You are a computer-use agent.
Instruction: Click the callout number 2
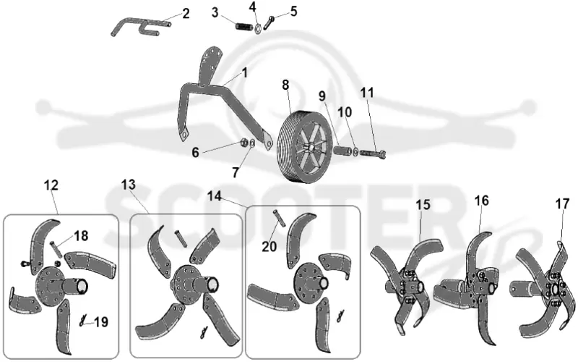pos(186,14)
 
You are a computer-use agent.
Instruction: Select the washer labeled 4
pos(259,28)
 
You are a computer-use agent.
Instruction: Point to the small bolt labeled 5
pos(269,23)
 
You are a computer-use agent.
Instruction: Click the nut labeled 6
pos(243,141)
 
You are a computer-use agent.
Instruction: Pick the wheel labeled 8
pos(303,146)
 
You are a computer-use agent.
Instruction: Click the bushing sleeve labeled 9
pos(342,151)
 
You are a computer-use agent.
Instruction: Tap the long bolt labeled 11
pos(372,153)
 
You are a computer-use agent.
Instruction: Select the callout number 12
pos(51,185)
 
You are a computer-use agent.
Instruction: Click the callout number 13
pos(129,185)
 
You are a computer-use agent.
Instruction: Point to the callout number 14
pos(214,195)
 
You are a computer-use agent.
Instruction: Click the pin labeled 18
pos(55,248)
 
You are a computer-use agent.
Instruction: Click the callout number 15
pos(423,204)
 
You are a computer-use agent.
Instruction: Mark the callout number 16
pos(481,201)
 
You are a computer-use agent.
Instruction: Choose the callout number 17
pos(563,203)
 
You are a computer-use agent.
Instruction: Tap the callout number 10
pos(345,112)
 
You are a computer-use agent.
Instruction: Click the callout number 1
pos(245,72)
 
